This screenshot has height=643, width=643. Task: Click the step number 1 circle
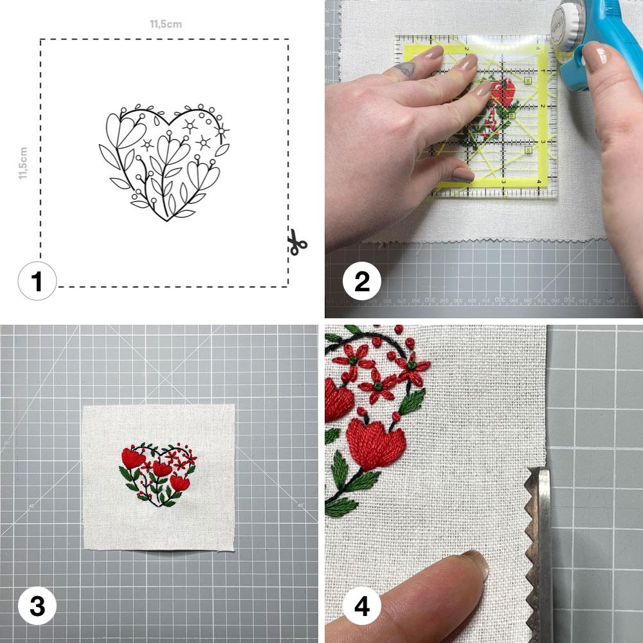(37, 284)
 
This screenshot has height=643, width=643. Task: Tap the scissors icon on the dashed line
(296, 243)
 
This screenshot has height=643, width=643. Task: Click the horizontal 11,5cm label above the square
(165, 24)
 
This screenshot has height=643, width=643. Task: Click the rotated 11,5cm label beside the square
(23, 163)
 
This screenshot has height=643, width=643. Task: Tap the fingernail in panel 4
(475, 563)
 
